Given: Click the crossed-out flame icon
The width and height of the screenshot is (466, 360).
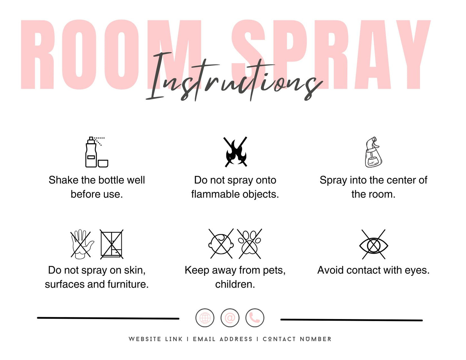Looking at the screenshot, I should point(236,152).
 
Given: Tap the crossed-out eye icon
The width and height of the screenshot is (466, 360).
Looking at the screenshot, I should point(373,245).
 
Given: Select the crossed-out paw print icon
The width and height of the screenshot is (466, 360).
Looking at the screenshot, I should point(249,244).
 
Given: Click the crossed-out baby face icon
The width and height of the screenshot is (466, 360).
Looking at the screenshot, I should point(221,244).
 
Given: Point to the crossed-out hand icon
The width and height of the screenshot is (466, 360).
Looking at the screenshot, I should point(82,244).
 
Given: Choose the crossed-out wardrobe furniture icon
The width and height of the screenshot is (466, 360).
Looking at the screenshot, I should point(112,244).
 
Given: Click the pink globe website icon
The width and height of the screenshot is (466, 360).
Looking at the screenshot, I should point(205,318).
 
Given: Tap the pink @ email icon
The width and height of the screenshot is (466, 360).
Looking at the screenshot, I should point(230,318).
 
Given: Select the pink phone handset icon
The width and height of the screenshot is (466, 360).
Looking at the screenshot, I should point(255,318).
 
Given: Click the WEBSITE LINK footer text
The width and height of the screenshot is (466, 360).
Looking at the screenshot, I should point(155,339).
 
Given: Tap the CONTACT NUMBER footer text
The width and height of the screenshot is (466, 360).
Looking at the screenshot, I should point(297,339).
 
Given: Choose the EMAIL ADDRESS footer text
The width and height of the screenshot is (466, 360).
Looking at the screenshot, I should point(223,339).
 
